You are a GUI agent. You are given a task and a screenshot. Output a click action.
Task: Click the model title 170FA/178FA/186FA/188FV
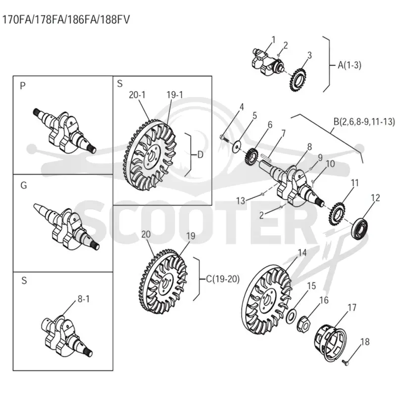click(x=66, y=19)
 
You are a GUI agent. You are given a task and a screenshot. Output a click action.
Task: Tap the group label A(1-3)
click(x=349, y=65)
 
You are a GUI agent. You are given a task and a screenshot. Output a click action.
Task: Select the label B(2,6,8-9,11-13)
click(x=364, y=121)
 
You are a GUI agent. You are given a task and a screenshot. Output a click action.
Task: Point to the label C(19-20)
click(x=222, y=279)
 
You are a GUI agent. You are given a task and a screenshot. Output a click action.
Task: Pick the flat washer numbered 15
click(x=291, y=316)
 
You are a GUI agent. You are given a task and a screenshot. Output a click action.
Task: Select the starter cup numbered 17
click(x=331, y=342)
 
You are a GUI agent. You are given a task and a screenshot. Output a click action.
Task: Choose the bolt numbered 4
click(x=224, y=138)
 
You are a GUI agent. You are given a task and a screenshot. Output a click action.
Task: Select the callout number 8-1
click(x=84, y=299)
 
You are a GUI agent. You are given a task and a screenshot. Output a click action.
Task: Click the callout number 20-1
click(x=137, y=95)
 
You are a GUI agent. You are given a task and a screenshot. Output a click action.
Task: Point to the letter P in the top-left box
click(x=23, y=86)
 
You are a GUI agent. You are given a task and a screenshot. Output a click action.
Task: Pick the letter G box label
click(x=23, y=185)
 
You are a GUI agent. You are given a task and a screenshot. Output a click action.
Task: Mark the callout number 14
click(x=302, y=252)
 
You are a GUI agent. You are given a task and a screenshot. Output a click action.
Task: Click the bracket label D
click(x=200, y=155)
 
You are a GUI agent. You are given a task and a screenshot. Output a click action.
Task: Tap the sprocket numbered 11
click(x=337, y=213)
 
